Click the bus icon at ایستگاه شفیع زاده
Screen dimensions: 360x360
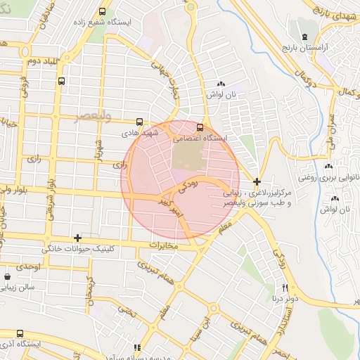pyautogui.click(x=103, y=12)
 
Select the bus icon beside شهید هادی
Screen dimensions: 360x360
pyautogui.click(x=139, y=121)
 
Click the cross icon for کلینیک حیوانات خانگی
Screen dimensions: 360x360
pyautogui.click(x=77, y=238)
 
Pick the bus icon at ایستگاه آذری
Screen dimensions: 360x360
pyautogui.click(x=20, y=334)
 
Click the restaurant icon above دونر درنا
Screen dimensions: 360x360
pyautogui.click(x=285, y=287)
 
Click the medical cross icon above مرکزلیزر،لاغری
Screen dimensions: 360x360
pyautogui.click(x=257, y=181)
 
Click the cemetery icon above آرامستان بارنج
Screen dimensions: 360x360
pyautogui.click(x=304, y=36)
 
